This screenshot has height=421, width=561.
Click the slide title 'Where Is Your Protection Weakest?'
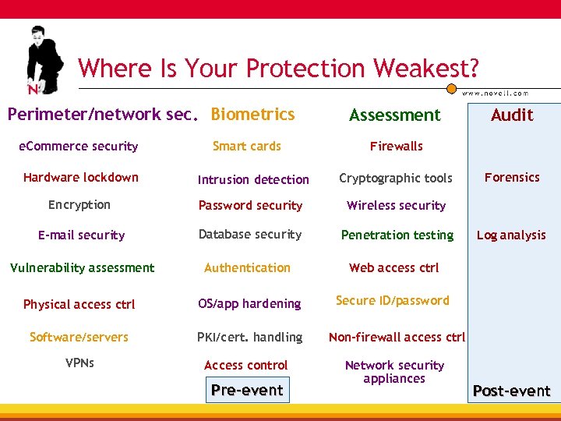click(x=278, y=69)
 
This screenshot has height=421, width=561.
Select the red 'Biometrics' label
click(x=252, y=115)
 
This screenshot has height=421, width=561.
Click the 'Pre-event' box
click(x=247, y=391)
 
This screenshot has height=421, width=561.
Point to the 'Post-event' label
click(x=511, y=391)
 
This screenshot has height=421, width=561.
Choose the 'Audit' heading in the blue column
click(x=512, y=115)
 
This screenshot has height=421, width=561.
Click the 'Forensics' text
click(x=512, y=178)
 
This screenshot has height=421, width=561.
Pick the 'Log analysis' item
click(x=511, y=235)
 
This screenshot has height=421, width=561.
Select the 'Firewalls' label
click(x=396, y=147)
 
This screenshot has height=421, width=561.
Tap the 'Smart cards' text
click(x=246, y=147)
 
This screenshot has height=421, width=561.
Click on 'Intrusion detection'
click(x=253, y=180)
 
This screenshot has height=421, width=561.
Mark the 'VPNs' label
click(x=79, y=363)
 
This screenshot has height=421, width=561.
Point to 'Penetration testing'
click(x=397, y=235)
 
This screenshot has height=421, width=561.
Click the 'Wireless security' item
click(x=396, y=206)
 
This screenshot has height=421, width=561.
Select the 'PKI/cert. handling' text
click(x=249, y=338)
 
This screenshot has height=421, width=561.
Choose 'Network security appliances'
click(x=394, y=372)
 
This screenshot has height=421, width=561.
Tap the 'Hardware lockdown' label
click(x=80, y=178)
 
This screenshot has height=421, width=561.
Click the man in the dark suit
click(x=45, y=59)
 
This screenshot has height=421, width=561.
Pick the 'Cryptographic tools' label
click(x=395, y=179)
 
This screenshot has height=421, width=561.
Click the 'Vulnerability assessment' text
click(x=82, y=268)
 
